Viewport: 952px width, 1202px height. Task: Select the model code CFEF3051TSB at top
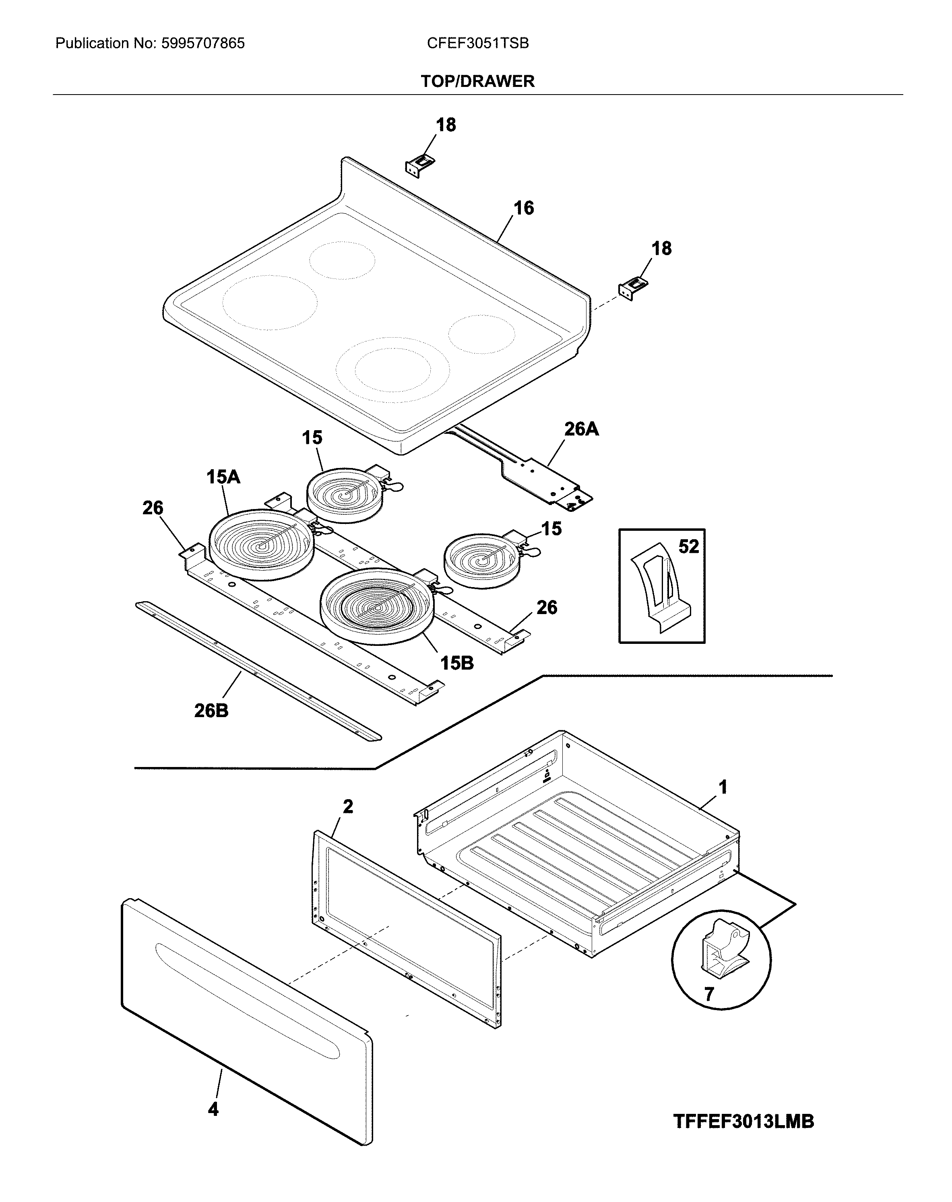(x=478, y=43)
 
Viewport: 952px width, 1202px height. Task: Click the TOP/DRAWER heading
(x=478, y=81)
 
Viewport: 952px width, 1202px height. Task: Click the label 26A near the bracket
(x=581, y=429)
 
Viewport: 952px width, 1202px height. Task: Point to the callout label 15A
(x=223, y=477)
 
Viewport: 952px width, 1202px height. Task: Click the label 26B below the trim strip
(x=211, y=711)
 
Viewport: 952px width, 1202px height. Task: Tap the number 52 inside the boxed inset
(x=688, y=546)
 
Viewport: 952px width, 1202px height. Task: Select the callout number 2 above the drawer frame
(x=348, y=806)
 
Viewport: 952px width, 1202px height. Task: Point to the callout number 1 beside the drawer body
(x=723, y=788)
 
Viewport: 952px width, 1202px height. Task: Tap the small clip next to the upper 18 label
(x=419, y=165)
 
